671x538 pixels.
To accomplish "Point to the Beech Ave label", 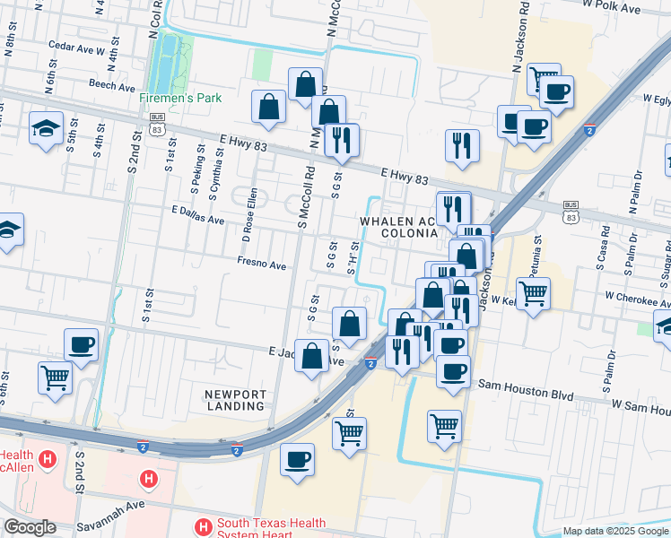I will [x=111, y=83].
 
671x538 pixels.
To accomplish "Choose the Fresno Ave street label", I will [x=261, y=265].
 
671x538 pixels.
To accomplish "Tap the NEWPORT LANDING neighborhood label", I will [x=235, y=402].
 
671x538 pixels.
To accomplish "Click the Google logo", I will [x=30, y=527].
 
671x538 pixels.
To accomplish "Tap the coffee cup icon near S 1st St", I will [x=81, y=345].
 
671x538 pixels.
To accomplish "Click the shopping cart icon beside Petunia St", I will [x=533, y=293].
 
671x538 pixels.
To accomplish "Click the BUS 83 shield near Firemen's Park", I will [x=158, y=123].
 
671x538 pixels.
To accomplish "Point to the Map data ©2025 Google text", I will [x=614, y=531].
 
